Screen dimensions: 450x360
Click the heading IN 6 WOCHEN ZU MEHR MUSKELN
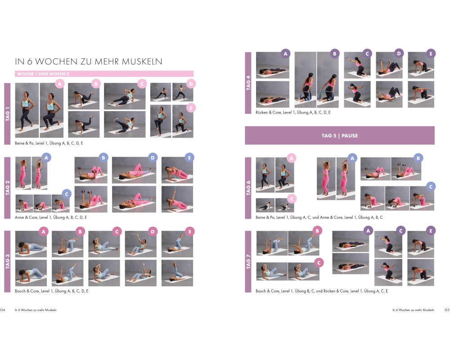click(88, 62)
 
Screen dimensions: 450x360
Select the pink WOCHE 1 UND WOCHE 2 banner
click(104, 74)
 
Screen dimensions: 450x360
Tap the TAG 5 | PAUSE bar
click(340, 135)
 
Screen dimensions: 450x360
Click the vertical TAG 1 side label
click(8, 114)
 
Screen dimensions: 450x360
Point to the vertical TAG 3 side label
click(8, 261)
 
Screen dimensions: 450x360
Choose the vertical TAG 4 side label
click(248, 83)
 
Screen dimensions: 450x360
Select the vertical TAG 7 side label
click(248, 261)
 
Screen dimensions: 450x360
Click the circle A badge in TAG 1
click(60, 84)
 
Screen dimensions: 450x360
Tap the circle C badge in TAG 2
click(67, 194)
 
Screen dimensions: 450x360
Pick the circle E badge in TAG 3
click(190, 231)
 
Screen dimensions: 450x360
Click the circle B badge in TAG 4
click(335, 54)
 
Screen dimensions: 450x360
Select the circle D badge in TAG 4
click(399, 54)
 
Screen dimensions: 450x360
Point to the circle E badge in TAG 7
click(431, 230)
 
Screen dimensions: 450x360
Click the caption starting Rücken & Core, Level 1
click(293, 112)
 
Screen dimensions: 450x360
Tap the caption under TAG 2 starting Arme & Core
click(51, 217)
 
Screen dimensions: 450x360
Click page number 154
click(3, 310)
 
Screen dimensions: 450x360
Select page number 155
click(447, 310)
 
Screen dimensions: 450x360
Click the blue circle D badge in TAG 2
click(153, 157)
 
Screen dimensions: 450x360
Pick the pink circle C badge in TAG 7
click(319, 263)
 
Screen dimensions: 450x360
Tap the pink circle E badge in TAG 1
click(191, 108)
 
